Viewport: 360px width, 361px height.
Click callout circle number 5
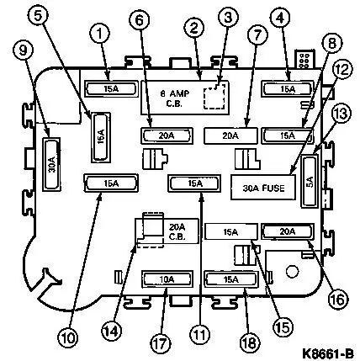[x=38, y=15]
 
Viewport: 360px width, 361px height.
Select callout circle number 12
[x=341, y=69]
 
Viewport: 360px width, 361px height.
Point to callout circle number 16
[x=339, y=299]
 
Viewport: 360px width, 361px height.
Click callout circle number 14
[x=111, y=332]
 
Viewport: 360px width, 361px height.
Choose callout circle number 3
[x=228, y=17]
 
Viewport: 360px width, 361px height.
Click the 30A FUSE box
[x=263, y=188]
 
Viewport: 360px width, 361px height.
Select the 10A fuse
[x=167, y=279]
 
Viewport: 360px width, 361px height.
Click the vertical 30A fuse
[x=51, y=165]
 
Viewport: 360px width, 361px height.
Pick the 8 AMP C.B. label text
[x=174, y=98]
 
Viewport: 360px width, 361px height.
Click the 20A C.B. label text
[x=177, y=231]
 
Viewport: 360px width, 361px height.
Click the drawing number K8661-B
[x=327, y=353]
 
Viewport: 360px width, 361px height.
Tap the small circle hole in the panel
[x=292, y=271]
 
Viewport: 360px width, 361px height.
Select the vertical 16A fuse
[x=101, y=137]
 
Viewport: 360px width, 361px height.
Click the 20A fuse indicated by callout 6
[x=167, y=135]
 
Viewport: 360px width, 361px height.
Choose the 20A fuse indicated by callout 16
[x=288, y=231]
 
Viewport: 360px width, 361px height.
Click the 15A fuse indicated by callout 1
[x=111, y=89]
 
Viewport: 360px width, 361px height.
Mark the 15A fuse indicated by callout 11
[x=194, y=183]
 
